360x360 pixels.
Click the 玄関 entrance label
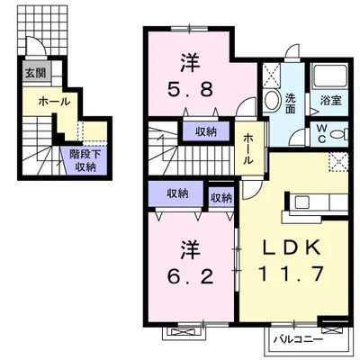pos(36,73)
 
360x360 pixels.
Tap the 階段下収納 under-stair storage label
pos(85,161)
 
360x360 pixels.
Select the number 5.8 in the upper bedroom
pos(190,89)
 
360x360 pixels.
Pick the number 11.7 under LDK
pos(291,274)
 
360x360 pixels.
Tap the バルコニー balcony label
pos(298,339)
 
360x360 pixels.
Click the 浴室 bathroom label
pos(330,101)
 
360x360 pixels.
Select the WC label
pos(321,134)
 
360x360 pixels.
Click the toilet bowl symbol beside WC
pos(339,134)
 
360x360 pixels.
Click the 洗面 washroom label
pos(290,103)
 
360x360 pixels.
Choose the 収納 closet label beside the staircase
pos(206,131)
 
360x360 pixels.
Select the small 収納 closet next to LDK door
pos(221,198)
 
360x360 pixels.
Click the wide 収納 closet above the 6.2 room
pos(177,193)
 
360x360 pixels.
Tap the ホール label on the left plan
pos(54,102)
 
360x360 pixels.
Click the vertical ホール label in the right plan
pos(248,149)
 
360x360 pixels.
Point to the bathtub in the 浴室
pos(329,75)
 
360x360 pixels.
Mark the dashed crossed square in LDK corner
pos(338,162)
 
